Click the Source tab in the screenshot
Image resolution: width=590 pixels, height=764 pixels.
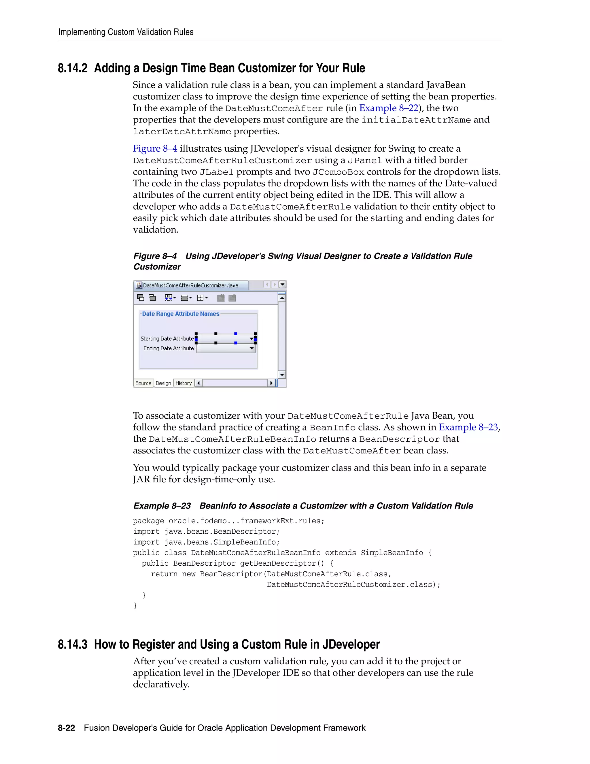click(143, 383)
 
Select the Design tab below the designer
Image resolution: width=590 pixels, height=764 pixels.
click(163, 383)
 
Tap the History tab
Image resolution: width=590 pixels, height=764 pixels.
click(184, 383)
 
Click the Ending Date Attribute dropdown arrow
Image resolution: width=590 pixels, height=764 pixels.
click(251, 349)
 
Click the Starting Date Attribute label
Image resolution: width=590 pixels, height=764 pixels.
click(167, 339)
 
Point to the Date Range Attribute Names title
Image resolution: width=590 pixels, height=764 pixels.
click(180, 314)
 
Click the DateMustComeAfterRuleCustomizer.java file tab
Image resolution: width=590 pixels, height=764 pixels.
click(190, 285)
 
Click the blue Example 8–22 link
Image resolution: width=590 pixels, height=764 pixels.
click(389, 108)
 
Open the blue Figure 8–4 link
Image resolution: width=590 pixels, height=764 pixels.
click(155, 149)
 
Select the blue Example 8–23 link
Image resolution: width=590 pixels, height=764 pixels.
click(468, 428)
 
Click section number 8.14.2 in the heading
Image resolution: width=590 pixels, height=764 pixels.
click(72, 68)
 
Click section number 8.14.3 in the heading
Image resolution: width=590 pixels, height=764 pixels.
click(72, 644)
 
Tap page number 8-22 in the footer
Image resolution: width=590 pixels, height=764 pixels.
click(67, 728)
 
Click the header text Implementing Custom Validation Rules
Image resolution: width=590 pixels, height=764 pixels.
click(126, 32)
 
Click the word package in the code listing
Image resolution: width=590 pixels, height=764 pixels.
click(148, 521)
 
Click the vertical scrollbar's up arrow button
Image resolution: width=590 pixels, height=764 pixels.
click(282, 298)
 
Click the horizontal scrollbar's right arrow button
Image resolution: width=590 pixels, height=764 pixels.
click(271, 383)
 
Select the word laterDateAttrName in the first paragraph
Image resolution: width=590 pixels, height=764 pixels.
click(182, 131)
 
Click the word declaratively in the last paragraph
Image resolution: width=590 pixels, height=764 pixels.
click(161, 685)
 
